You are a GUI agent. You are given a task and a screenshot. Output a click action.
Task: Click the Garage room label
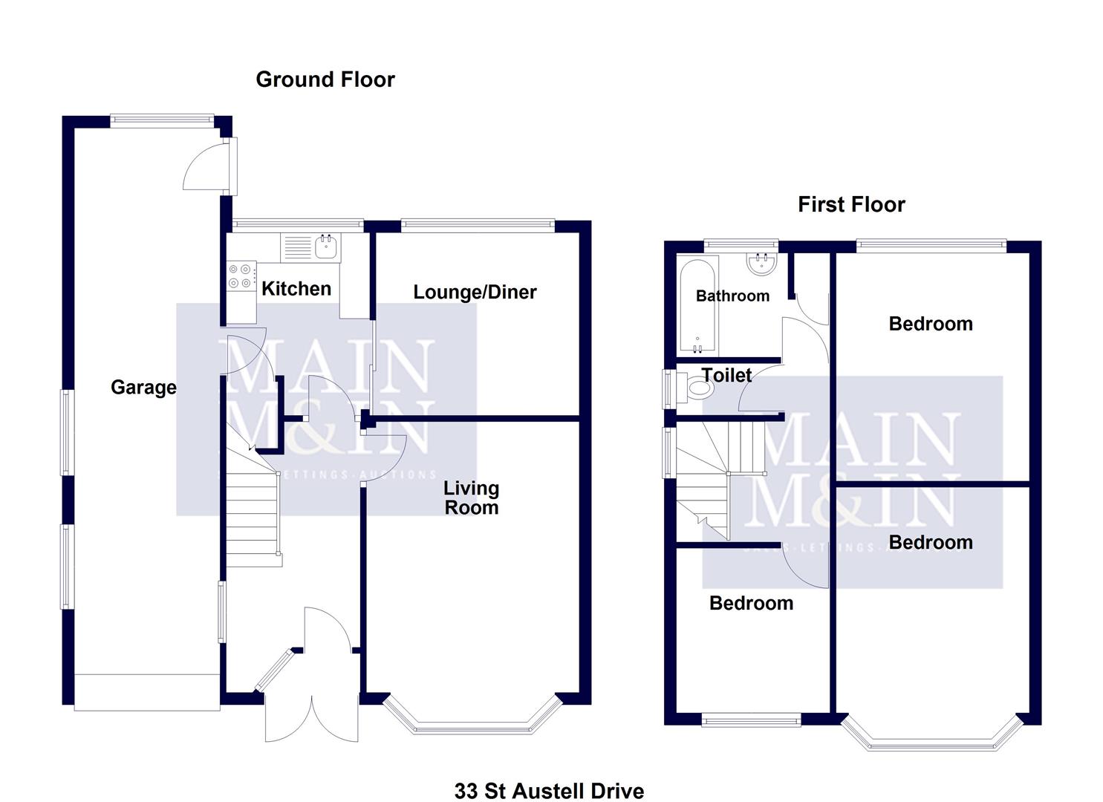click(143, 387)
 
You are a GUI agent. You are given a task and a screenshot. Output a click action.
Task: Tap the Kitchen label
click(296, 289)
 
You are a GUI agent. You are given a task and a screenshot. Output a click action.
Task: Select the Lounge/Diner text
click(475, 293)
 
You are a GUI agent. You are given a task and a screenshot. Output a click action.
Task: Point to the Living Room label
click(471, 498)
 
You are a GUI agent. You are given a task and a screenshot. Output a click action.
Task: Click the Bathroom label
click(732, 296)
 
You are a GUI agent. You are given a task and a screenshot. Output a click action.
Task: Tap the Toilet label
click(726, 376)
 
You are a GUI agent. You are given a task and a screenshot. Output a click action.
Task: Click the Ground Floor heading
click(325, 79)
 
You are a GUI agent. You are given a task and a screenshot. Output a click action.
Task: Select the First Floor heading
click(851, 205)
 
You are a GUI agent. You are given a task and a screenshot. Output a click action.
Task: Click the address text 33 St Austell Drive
click(549, 791)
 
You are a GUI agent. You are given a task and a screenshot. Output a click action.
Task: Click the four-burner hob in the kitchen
click(241, 276)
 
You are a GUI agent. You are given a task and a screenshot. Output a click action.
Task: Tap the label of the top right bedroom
click(930, 324)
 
